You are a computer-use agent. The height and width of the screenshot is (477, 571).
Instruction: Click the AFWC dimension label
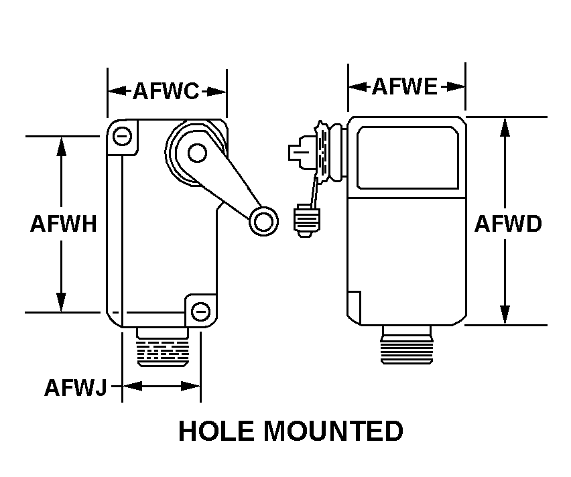(x=166, y=90)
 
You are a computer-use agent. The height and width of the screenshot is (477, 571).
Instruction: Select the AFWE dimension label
(x=405, y=86)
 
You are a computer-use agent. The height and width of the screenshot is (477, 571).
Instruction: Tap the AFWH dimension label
(x=63, y=224)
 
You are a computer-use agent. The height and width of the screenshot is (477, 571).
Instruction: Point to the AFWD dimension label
(x=507, y=224)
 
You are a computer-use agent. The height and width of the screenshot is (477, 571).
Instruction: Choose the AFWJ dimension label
(x=75, y=387)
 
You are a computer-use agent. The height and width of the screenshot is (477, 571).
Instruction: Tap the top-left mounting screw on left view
(x=121, y=137)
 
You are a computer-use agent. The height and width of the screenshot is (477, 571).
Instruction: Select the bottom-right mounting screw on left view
(x=200, y=311)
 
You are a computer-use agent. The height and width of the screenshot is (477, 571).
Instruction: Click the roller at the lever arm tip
(x=263, y=220)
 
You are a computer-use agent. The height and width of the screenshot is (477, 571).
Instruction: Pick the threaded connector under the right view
(x=406, y=345)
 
